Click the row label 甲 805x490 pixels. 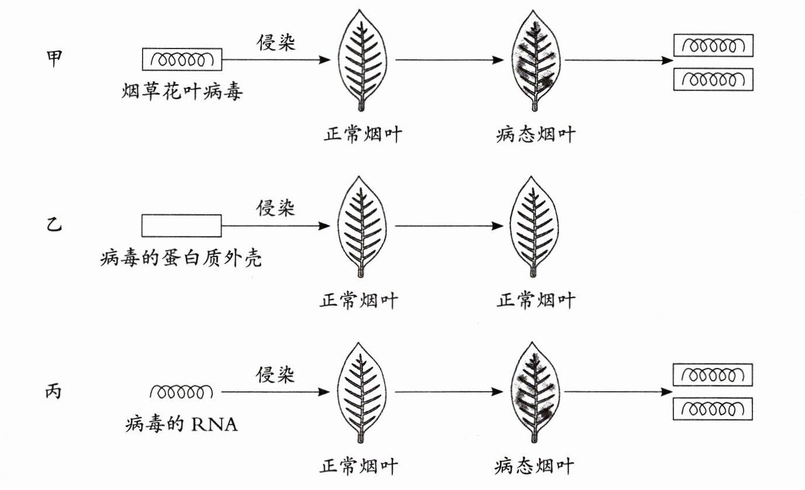[54, 58]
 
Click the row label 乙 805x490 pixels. [54, 225]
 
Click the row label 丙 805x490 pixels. [54, 391]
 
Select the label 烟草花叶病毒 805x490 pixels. [182, 92]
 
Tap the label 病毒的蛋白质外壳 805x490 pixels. [181, 258]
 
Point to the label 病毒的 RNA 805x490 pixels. [182, 424]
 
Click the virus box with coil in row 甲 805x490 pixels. [182, 59]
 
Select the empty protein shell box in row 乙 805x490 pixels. [181, 225]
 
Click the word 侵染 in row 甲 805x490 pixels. [277, 42]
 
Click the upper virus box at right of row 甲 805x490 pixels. [713, 46]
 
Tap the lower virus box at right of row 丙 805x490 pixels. [713, 409]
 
